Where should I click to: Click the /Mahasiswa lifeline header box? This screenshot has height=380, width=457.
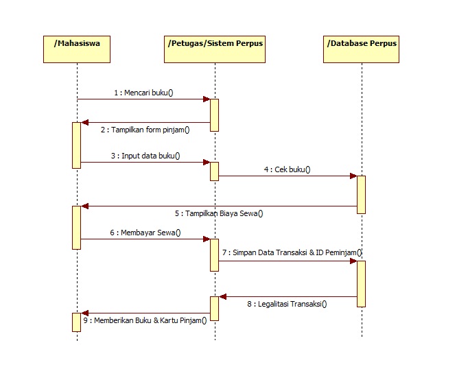click(x=78, y=48)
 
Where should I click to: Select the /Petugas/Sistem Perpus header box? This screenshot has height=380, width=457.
click(x=215, y=48)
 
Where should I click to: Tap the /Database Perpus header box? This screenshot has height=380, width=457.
click(x=361, y=48)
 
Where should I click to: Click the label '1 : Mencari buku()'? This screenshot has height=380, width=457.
click(x=144, y=92)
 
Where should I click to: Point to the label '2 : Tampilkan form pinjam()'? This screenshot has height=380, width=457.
click(x=145, y=130)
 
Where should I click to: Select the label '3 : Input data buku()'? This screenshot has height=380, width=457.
click(x=145, y=156)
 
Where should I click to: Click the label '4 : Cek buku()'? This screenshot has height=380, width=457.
click(x=288, y=169)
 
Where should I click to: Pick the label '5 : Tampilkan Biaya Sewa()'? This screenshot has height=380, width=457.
click(x=219, y=213)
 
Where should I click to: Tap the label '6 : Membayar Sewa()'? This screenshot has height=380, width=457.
click(x=145, y=233)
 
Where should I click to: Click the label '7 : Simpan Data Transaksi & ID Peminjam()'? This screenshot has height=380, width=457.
click(x=292, y=253)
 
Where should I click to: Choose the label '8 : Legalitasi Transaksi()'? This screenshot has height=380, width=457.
click(x=288, y=304)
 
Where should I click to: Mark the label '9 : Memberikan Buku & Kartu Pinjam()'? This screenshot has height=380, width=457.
click(x=145, y=320)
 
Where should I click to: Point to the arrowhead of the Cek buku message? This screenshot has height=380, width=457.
click(x=353, y=176)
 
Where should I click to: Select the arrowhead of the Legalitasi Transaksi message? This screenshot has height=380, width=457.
click(x=222, y=297)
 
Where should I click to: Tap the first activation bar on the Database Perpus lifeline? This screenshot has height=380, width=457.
click(x=361, y=195)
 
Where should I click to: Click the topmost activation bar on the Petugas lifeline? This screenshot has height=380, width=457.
click(x=214, y=115)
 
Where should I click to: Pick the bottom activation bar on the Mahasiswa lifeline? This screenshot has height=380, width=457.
click(x=77, y=322)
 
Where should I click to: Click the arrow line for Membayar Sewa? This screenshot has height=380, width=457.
click(x=145, y=239)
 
